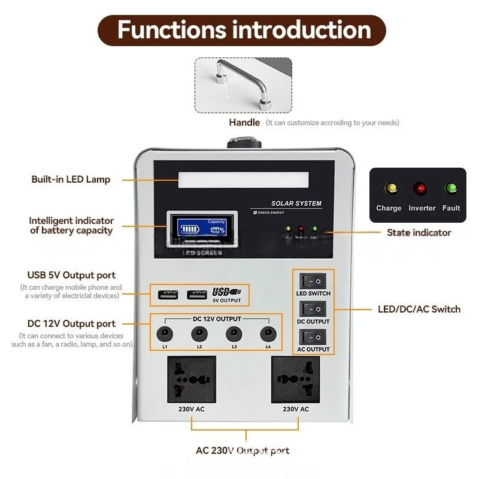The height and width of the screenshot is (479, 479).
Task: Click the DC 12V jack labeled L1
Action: click(162, 334)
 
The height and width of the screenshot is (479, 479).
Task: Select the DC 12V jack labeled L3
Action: click(231, 334)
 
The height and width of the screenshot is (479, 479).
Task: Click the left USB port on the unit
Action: click(168, 294)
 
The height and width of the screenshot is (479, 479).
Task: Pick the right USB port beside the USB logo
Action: click(196, 294)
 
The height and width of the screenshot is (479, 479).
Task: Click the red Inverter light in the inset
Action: click(421, 190)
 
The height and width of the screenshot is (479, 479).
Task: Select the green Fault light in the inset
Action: click(451, 190)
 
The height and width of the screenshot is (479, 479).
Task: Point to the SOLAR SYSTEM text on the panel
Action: click(296, 204)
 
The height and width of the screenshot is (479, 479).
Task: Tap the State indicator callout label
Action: click(419, 232)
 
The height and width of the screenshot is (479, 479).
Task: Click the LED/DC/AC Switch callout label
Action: click(419, 309)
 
